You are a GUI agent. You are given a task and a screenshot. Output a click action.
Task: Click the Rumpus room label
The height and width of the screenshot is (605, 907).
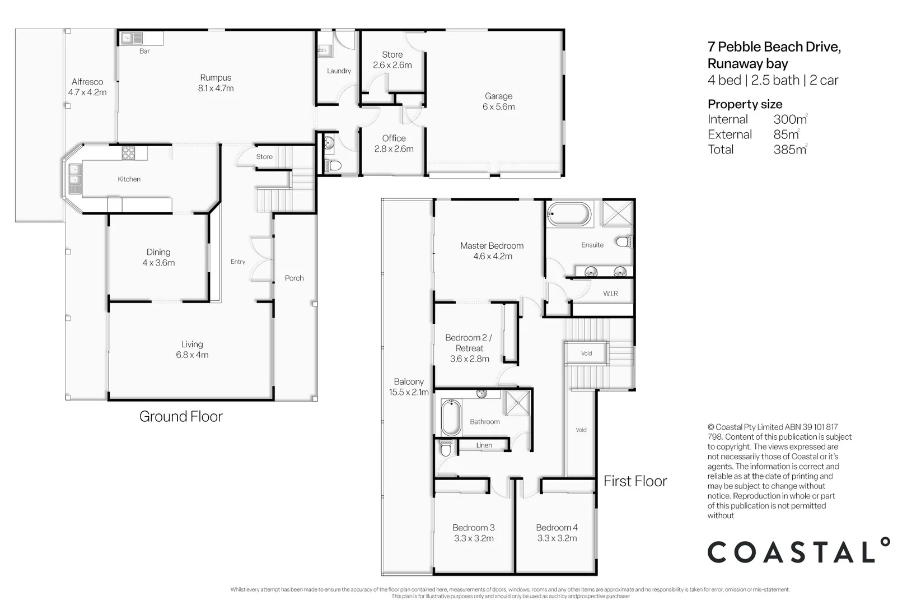coord(216,78)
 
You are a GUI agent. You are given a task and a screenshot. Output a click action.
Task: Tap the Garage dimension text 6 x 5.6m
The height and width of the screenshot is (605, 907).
coord(498,107)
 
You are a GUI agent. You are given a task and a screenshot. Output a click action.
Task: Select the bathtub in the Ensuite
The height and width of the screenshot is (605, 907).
coord(569,214)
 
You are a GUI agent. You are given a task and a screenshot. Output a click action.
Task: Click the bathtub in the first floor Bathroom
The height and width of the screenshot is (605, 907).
coord(450,417)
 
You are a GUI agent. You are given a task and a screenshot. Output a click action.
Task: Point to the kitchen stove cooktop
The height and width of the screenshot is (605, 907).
coord(129,152)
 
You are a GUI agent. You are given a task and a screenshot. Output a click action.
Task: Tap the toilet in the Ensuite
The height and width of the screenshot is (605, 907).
coord(623,242)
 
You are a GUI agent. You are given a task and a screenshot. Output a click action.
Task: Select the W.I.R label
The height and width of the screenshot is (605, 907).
coord(610,294)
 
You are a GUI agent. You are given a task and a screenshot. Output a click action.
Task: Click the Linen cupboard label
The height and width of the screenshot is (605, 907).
coord(484,445)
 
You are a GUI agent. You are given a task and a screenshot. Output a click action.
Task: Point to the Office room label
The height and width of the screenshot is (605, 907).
coord(394,138)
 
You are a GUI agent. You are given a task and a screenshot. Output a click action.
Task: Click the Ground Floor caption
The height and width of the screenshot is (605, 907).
coord(181,417)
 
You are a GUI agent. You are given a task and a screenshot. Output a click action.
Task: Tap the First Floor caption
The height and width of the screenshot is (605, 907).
coord(635,482)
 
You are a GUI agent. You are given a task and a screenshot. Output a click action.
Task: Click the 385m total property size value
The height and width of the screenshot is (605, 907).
coord(789,150)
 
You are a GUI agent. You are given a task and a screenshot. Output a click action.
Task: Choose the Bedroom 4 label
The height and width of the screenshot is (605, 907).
coord(557,528)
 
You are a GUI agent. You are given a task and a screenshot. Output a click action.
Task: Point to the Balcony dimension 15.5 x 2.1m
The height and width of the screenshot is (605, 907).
coord(409,393)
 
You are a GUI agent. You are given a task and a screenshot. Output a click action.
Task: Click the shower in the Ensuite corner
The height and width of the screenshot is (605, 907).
coord(617,213)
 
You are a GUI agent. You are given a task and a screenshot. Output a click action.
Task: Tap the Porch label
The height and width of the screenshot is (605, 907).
coord(294,278)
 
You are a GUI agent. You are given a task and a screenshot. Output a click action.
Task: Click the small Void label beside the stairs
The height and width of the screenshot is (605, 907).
coord(586,353)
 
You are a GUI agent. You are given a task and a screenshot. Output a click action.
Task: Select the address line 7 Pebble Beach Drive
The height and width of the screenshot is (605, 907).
coord(774,47)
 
